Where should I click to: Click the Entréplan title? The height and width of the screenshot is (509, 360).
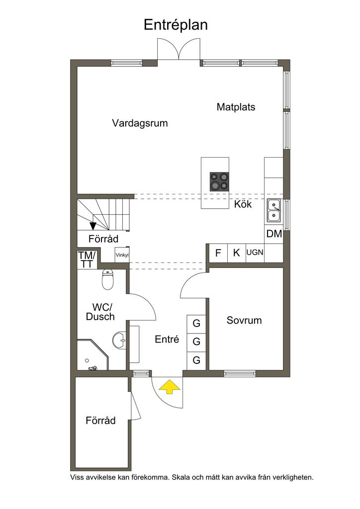pyautogui.click(x=176, y=25)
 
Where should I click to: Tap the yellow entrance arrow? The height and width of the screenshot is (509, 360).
pyautogui.click(x=170, y=386)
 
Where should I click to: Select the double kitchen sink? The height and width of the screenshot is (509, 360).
pyautogui.click(x=273, y=210)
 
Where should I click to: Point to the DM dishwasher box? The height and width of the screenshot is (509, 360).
pyautogui.click(x=274, y=234)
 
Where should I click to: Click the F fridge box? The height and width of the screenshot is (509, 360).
pyautogui.click(x=218, y=253)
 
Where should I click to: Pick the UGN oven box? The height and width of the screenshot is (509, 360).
pyautogui.click(x=255, y=253)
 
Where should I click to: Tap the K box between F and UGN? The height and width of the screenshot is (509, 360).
pyautogui.click(x=237, y=253)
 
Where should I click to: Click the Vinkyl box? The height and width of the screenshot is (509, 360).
pyautogui.click(x=122, y=255)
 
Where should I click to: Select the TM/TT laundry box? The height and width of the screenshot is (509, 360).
pyautogui.click(x=87, y=260)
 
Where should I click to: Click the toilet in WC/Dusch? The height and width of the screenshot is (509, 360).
pyautogui.click(x=107, y=280)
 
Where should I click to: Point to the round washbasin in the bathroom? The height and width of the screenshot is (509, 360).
pyautogui.click(x=118, y=341)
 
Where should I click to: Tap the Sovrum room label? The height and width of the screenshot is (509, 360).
pyautogui.click(x=244, y=321)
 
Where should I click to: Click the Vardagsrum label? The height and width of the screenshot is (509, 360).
pyautogui.click(x=140, y=123)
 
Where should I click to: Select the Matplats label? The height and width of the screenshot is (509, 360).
pyautogui.click(x=236, y=107)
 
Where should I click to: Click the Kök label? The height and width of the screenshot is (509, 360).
pyautogui.click(x=243, y=204)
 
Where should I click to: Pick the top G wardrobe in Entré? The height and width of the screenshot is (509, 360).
pyautogui.click(x=196, y=324)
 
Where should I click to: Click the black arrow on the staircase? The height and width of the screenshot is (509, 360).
pyautogui.click(x=93, y=226)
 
